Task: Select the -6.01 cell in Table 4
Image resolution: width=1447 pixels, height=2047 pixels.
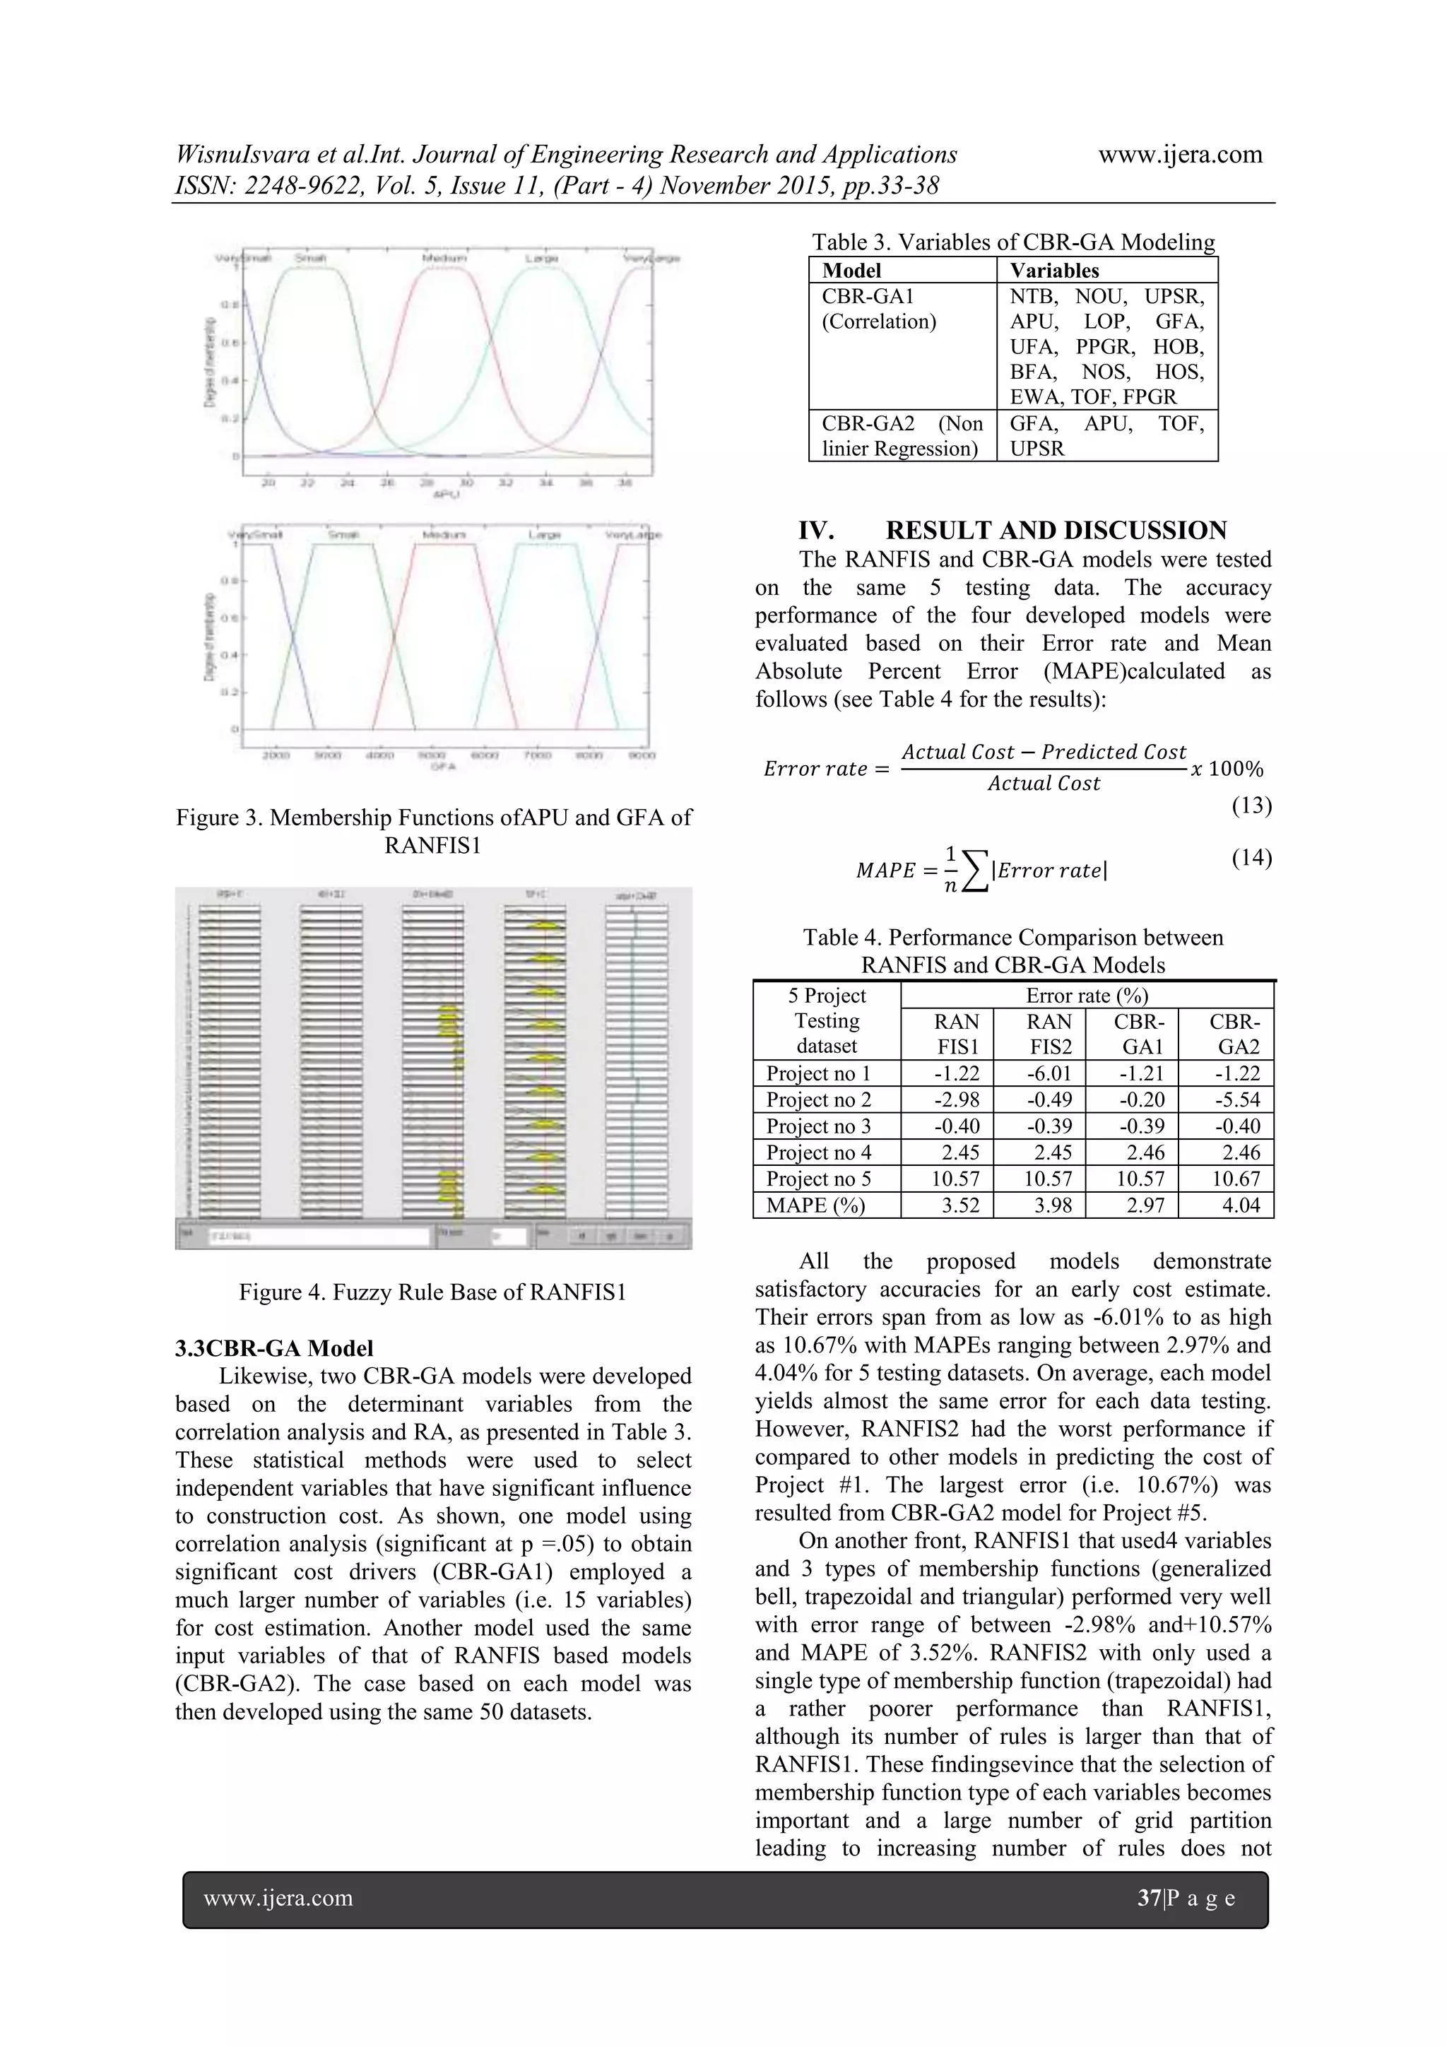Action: tap(1049, 1073)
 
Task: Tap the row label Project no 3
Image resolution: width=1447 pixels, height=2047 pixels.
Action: tap(818, 1126)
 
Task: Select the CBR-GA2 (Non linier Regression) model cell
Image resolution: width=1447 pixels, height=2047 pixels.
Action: tap(902, 436)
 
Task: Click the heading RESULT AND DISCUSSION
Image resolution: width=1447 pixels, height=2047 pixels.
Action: tap(1056, 531)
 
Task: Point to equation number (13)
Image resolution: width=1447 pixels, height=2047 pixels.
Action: tap(1251, 806)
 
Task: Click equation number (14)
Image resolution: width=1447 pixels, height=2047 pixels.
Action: tap(1251, 858)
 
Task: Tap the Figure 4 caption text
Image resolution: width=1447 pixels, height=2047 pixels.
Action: tap(432, 1292)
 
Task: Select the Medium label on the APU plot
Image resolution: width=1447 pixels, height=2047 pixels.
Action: tap(444, 258)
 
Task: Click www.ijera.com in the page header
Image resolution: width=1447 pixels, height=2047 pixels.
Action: tap(1179, 154)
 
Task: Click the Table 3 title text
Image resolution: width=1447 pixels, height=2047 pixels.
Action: tap(1012, 242)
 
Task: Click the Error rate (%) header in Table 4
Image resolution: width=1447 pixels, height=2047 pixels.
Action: tap(1086, 995)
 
